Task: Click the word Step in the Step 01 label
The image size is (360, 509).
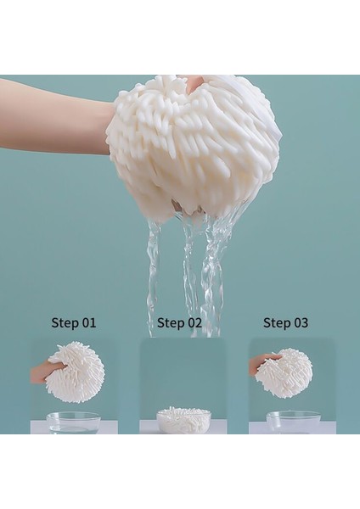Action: tap(65, 322)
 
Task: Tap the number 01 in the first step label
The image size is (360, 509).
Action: tap(87, 322)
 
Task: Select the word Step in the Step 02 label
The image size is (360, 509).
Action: tap(170, 322)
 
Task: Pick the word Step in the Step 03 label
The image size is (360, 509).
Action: tap(276, 322)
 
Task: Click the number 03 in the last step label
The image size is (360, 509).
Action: tap(299, 322)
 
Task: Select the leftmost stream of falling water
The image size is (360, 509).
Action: tap(154, 271)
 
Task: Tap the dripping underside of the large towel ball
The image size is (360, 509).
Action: tap(191, 212)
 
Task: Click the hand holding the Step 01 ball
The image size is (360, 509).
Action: tap(41, 372)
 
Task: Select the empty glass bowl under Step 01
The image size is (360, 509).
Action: tap(74, 422)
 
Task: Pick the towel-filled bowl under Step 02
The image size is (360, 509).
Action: tap(183, 419)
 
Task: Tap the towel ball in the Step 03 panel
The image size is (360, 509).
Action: tap(284, 372)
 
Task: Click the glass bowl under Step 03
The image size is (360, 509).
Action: tap(293, 422)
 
